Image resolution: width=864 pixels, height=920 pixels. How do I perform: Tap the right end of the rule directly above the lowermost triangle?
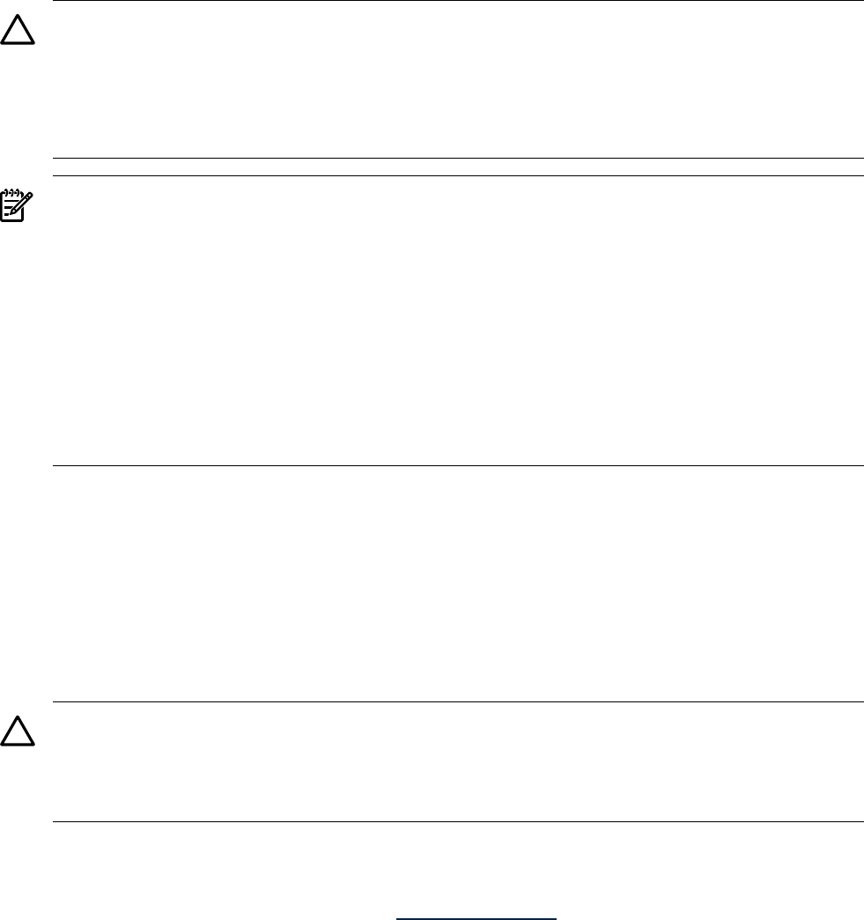coord(862,701)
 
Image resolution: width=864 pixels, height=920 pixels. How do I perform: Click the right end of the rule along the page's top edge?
coord(862,1)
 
